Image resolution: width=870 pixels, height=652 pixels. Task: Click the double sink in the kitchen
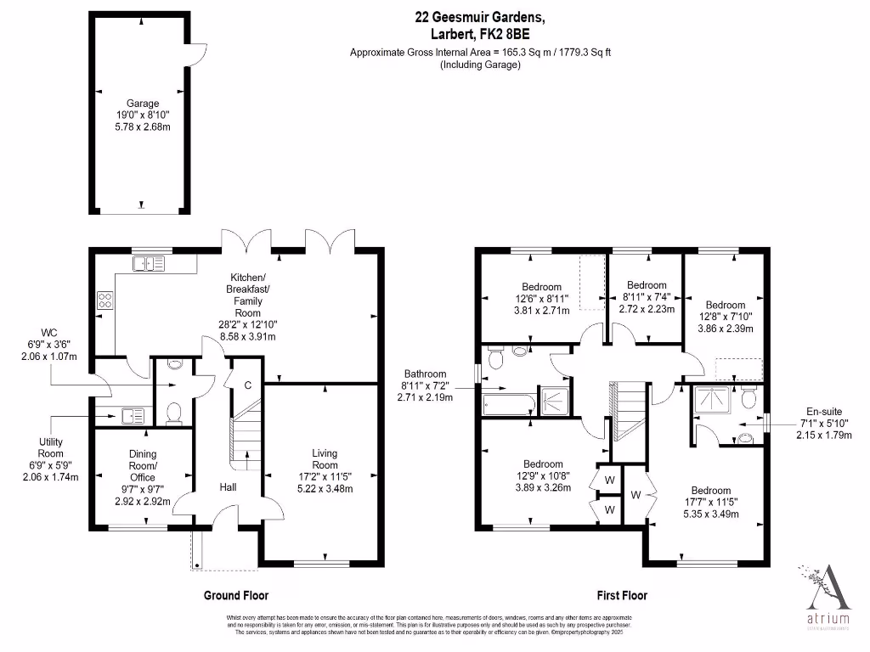coord(150,263)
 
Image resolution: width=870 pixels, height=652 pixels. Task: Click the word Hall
coord(229,487)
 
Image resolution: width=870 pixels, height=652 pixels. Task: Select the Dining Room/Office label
coord(143,478)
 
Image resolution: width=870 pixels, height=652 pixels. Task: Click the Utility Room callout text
coord(57,459)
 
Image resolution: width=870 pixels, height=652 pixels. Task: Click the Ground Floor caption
coord(236,596)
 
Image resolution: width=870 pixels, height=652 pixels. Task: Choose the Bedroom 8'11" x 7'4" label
coord(647,297)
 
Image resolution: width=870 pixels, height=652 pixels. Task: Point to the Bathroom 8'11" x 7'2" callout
coord(425,385)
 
